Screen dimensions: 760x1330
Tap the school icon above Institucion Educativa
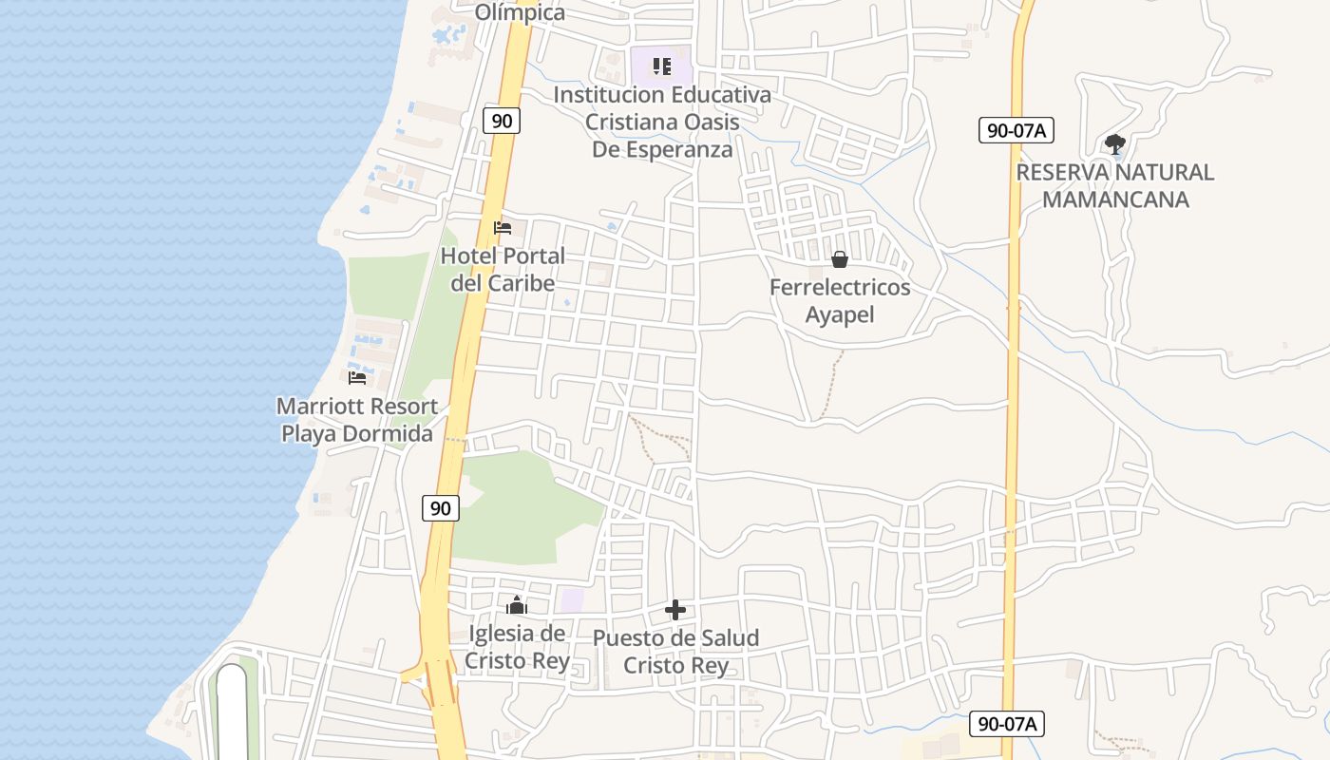[x=662, y=66]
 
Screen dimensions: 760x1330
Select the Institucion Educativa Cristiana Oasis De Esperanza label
[x=662, y=122]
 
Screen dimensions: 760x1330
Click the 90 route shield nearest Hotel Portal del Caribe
[x=502, y=121]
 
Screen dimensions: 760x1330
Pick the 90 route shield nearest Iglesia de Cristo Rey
[x=441, y=508]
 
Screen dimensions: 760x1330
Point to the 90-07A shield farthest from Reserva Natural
[x=1007, y=724]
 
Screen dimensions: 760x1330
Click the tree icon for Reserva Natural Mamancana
[x=1115, y=144]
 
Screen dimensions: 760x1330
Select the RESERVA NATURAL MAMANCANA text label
[x=1115, y=185]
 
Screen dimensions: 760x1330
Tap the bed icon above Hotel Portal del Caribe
[x=503, y=228]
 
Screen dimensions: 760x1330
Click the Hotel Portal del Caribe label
[x=503, y=269]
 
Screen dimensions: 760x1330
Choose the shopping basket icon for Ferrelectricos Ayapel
[x=840, y=259]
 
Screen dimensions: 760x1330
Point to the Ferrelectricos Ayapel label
[x=840, y=300]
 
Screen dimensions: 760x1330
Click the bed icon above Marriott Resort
[x=357, y=377]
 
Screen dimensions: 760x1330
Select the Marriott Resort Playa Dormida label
[x=357, y=420]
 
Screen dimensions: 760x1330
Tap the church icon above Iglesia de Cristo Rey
[x=517, y=605]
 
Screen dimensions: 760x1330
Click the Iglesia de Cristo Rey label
[x=517, y=647]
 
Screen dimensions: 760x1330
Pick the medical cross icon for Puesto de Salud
[x=675, y=610]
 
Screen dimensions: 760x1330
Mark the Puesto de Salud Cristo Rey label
[x=675, y=651]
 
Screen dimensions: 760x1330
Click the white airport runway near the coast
[x=232, y=712]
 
